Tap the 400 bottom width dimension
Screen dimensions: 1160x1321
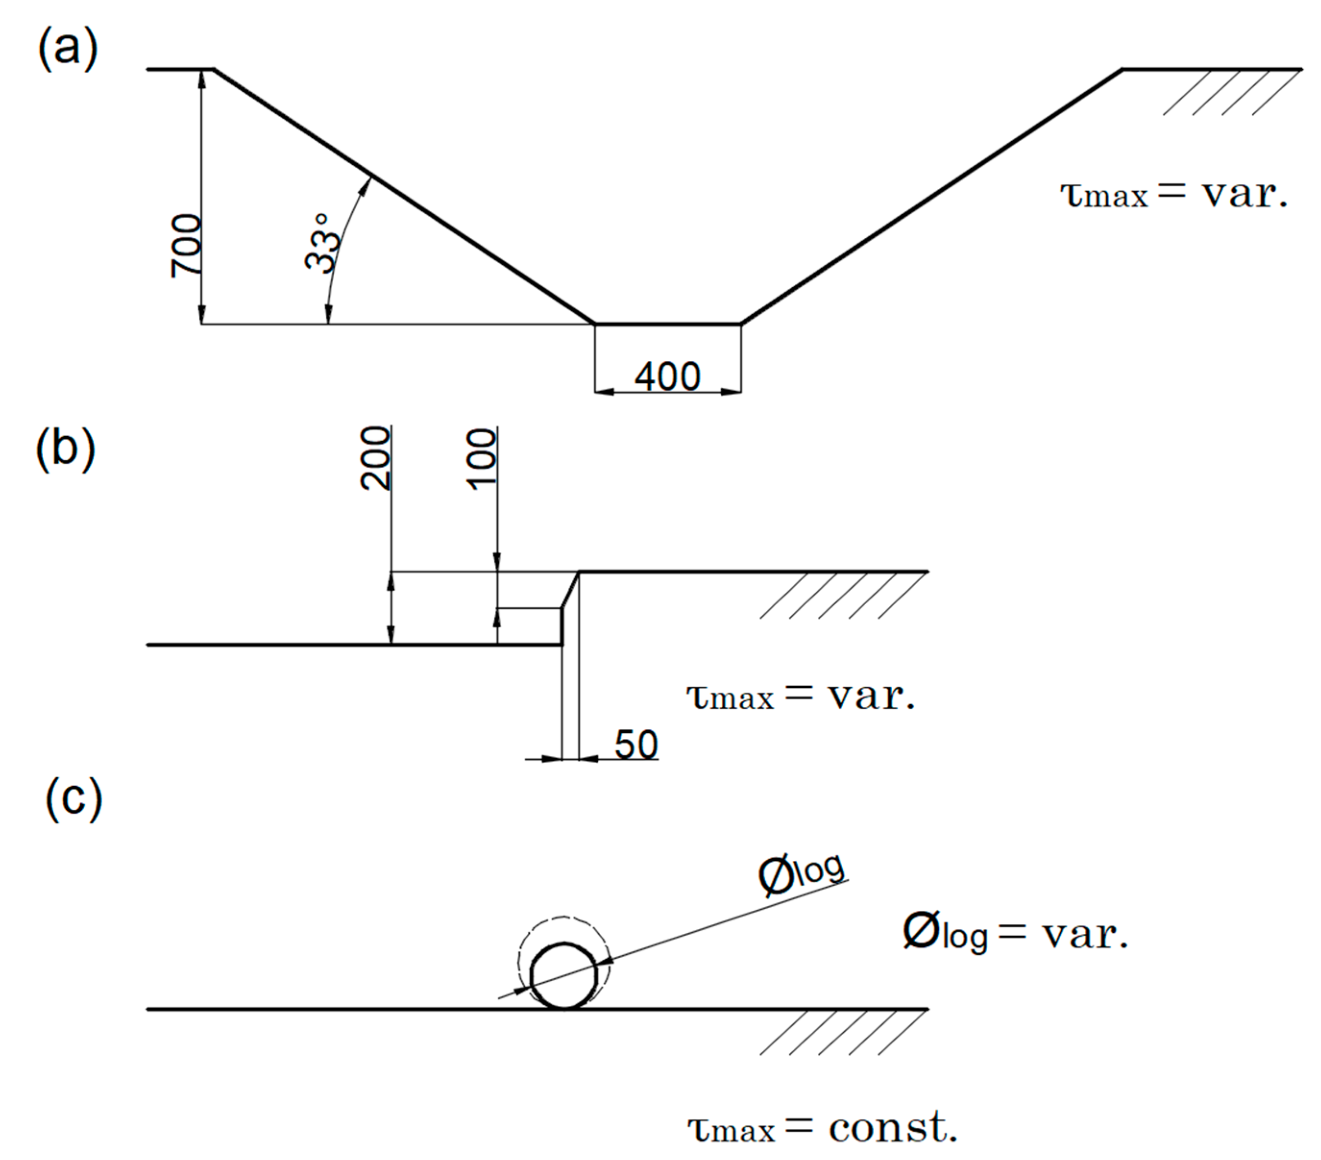point(667,376)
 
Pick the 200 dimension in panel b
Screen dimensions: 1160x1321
point(376,458)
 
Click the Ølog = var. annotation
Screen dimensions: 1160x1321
point(1015,934)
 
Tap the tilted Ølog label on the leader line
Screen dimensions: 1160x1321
point(801,874)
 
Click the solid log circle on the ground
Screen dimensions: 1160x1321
point(564,977)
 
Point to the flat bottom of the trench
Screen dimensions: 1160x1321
point(667,323)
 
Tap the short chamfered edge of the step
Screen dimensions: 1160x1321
point(570,590)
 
